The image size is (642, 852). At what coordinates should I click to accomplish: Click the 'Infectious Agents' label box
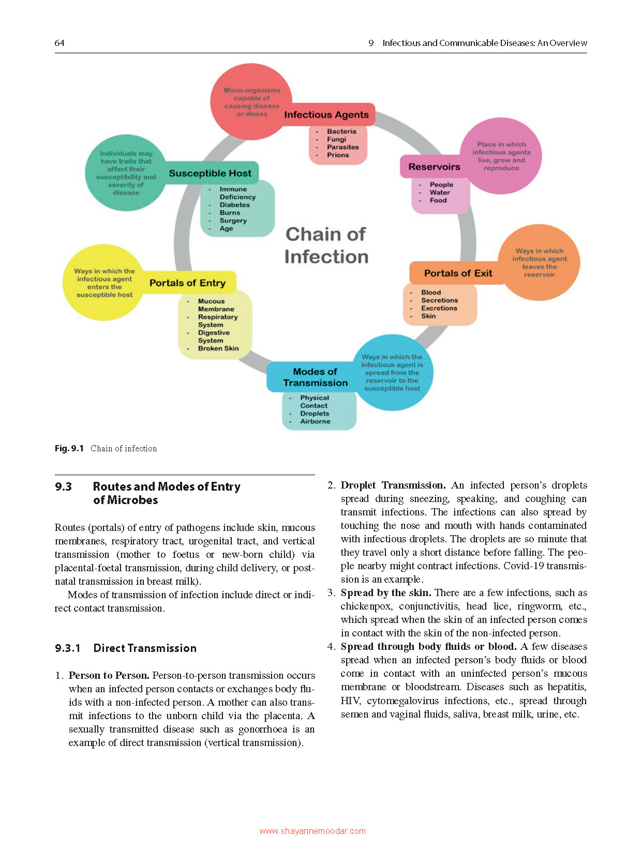click(326, 115)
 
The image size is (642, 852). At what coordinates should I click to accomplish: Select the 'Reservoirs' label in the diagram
click(434, 167)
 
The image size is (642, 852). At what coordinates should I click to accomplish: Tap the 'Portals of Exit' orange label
click(458, 273)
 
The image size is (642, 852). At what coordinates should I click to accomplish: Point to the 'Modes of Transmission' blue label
click(315, 377)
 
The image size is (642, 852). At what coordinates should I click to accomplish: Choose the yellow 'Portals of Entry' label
click(188, 283)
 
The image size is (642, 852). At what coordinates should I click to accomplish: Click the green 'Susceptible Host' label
click(210, 173)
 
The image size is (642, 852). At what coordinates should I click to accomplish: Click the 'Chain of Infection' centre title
click(326, 246)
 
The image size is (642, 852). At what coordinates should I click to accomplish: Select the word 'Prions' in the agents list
click(338, 155)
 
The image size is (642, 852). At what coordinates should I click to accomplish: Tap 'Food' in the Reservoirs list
click(438, 201)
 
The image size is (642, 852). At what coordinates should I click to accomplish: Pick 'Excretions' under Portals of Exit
click(439, 308)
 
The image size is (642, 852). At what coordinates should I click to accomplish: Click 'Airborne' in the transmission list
click(315, 421)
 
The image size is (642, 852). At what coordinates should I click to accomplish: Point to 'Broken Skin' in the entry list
click(218, 348)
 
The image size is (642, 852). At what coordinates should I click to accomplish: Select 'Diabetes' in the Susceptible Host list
click(234, 205)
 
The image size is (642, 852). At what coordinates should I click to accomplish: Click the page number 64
click(59, 43)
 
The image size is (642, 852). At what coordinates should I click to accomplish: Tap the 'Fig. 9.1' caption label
click(69, 448)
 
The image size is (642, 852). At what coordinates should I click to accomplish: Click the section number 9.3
click(63, 486)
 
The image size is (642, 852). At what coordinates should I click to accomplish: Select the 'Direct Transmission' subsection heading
click(145, 648)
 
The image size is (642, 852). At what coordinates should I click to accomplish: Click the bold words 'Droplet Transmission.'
click(393, 485)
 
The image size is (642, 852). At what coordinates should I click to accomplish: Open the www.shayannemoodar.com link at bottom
click(312, 831)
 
